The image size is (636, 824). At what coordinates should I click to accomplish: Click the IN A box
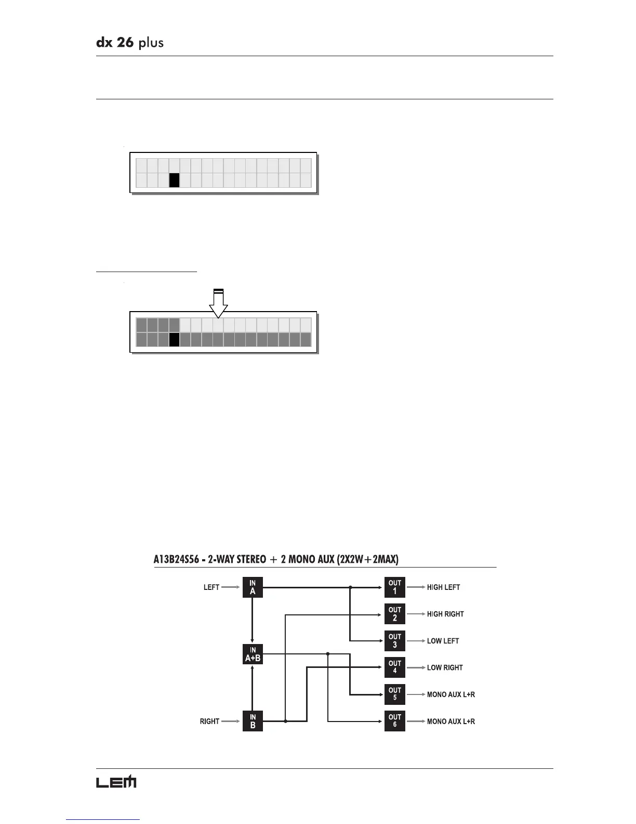click(253, 587)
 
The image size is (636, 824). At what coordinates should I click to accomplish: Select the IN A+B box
click(253, 654)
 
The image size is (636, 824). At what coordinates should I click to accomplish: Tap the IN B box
click(253, 721)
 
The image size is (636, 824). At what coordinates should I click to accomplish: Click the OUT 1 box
click(394, 587)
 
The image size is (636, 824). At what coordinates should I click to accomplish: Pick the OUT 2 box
click(394, 614)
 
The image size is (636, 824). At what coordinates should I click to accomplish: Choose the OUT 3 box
click(394, 641)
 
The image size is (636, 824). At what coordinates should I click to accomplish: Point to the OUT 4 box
click(394, 667)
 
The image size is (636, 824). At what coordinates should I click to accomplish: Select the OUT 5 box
click(394, 694)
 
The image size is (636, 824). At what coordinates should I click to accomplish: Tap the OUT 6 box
click(394, 721)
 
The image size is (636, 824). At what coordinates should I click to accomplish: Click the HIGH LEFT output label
click(443, 587)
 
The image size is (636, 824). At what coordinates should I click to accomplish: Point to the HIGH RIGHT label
click(445, 614)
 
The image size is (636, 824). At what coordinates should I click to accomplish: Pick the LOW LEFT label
click(443, 641)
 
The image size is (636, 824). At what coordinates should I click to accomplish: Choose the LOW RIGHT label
click(445, 667)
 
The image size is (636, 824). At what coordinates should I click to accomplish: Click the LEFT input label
click(211, 587)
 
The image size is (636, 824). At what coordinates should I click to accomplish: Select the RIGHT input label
click(209, 722)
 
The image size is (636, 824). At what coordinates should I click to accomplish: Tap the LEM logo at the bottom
click(116, 782)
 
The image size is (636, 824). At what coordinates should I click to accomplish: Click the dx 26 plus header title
click(130, 43)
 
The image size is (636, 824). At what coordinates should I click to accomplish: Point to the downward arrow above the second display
click(219, 303)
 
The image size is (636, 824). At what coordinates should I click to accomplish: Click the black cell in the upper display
click(174, 180)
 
